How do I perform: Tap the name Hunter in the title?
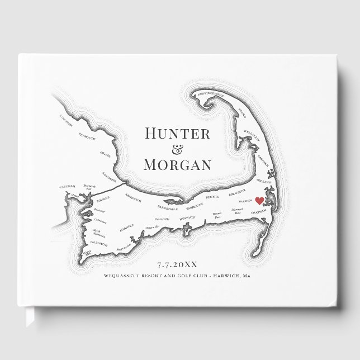177,134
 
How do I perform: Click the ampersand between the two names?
178,149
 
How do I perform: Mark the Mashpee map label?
128,228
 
